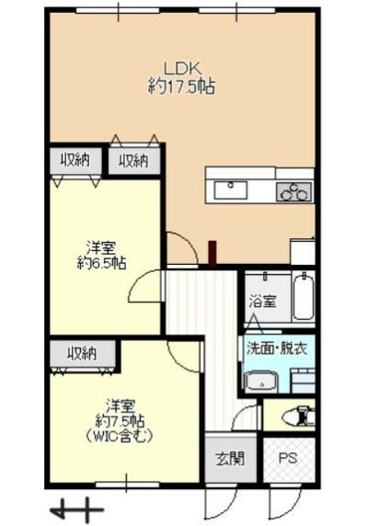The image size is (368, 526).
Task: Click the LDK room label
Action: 182,68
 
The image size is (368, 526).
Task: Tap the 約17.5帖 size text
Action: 181,86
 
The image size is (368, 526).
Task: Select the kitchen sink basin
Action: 231,189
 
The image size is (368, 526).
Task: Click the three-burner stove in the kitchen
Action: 293,191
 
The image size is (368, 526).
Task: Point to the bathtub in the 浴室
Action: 304,296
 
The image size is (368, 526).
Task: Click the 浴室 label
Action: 263,302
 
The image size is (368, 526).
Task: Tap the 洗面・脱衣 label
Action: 277,349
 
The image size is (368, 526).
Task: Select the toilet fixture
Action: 299,416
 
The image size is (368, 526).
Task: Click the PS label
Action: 288,458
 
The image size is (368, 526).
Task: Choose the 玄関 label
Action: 230,458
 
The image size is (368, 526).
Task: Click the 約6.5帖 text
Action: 101,263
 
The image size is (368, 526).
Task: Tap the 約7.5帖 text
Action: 121,419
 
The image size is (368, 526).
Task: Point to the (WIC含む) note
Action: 120,436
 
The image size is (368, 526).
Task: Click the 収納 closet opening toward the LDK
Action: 134,160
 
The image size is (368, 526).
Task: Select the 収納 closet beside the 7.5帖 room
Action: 82,354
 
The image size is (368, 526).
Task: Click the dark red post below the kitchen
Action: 212,253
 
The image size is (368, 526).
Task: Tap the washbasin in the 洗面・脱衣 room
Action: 261,382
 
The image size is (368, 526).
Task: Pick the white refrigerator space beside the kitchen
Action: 303,252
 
